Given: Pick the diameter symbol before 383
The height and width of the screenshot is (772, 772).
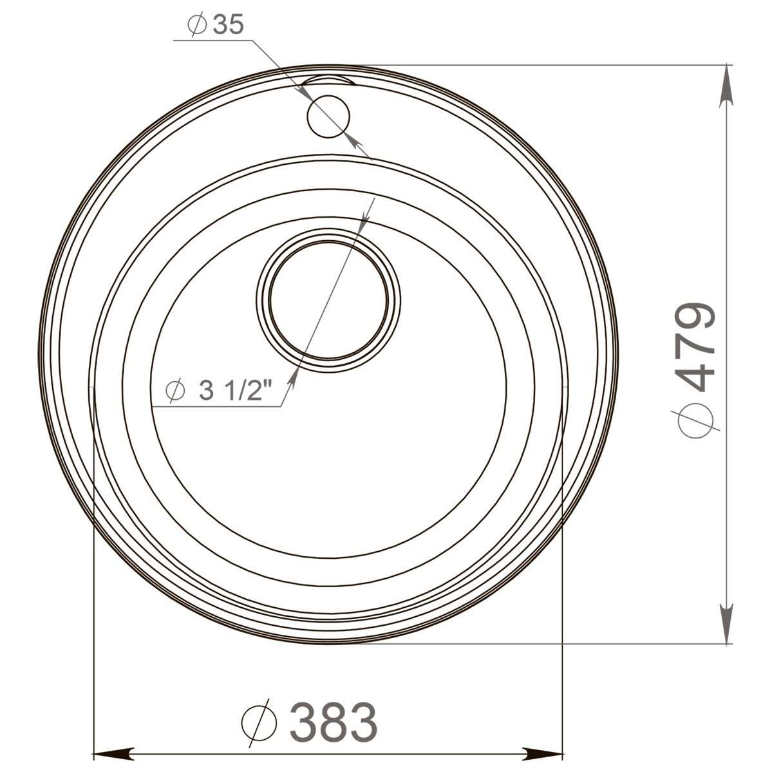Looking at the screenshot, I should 258,723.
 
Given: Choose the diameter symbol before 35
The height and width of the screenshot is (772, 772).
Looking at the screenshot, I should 196,26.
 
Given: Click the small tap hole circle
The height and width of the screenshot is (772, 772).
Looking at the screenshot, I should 328,115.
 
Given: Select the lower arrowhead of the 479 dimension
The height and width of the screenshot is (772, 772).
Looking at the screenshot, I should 727,625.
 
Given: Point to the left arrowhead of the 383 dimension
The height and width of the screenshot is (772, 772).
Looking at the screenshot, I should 113,752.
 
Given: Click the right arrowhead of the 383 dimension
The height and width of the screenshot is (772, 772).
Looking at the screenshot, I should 544,752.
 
